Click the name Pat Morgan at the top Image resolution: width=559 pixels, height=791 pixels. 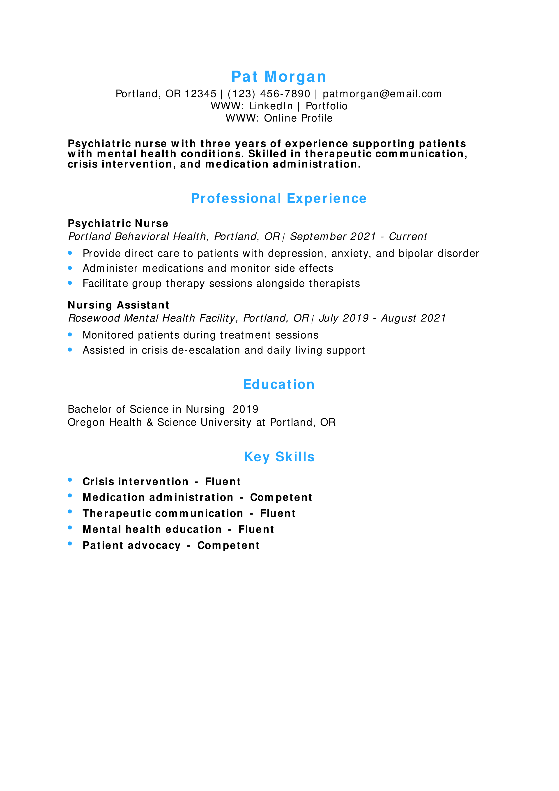(279, 76)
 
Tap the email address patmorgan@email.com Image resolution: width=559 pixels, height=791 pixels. (382, 94)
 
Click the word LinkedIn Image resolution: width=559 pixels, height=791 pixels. (271, 106)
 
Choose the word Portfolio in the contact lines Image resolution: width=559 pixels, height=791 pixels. (327, 106)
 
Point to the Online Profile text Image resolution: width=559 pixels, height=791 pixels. (298, 118)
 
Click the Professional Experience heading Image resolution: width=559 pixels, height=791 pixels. (279, 198)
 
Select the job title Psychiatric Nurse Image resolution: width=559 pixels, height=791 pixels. (118, 224)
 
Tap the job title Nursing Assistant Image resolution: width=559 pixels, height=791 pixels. (118, 305)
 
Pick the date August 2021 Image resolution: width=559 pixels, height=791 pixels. (413, 318)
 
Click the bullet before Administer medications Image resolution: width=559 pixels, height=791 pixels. (70, 268)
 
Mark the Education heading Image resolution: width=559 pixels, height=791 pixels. (279, 384)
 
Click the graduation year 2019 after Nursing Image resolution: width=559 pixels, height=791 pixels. (245, 409)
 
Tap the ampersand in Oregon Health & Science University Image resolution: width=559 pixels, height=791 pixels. (150, 422)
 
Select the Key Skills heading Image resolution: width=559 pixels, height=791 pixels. (279, 457)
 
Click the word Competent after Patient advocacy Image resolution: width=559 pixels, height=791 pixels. (228, 545)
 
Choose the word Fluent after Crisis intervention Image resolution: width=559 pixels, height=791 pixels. (223, 482)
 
